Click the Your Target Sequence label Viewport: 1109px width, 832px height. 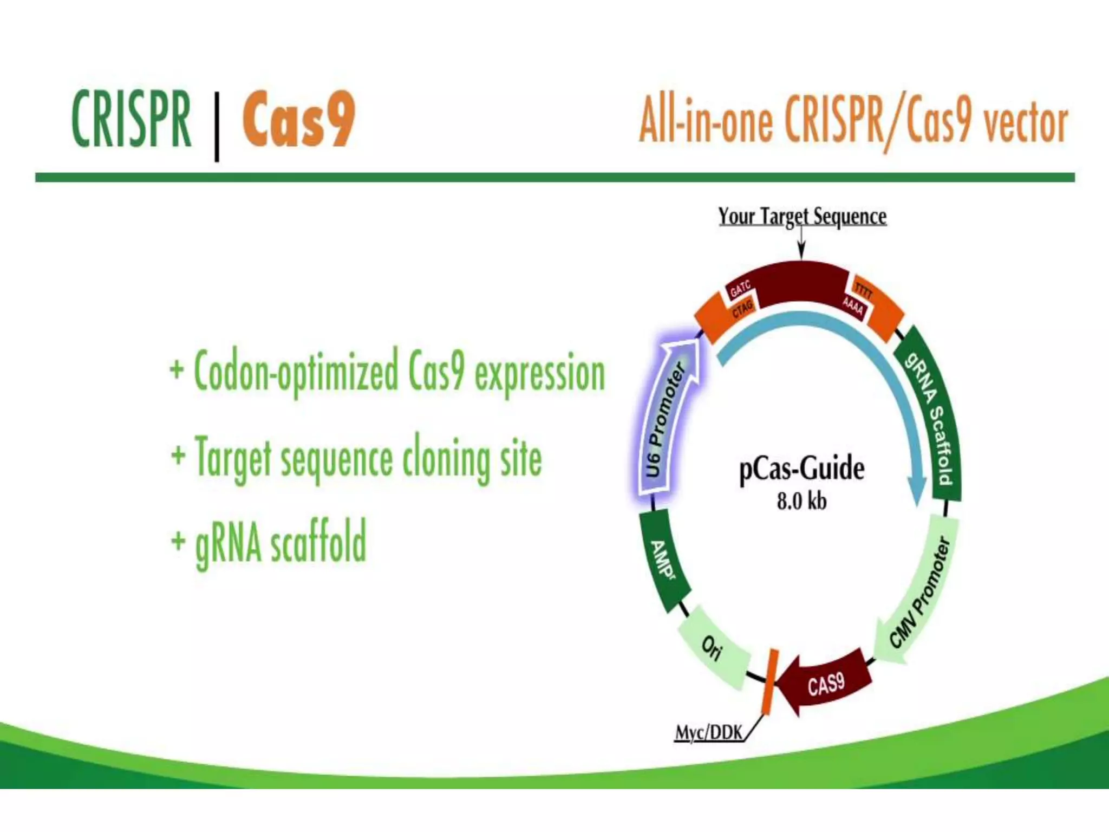802,217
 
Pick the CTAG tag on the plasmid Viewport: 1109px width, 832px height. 742,310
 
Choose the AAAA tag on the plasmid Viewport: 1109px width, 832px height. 853,307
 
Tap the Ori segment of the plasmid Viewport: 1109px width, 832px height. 713,647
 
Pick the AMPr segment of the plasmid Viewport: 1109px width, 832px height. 663,561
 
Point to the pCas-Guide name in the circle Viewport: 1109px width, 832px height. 801,469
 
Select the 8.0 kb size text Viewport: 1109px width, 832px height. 801,501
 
